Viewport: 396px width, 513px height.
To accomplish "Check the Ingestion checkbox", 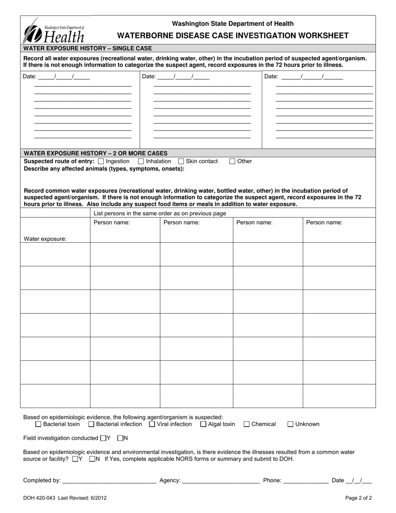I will (101, 161).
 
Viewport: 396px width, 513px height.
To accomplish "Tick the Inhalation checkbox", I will (141, 161).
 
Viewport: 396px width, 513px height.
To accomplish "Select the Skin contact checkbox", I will (181, 161).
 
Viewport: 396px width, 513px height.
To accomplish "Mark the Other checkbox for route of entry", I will (233, 161).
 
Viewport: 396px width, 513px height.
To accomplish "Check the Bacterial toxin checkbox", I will (38, 425).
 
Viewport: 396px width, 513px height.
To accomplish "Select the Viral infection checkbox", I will (152, 425).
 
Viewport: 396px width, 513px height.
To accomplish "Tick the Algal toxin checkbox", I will (203, 425).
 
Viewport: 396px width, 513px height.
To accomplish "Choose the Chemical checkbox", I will (246, 425).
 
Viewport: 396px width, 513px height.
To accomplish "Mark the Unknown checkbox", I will (291, 425).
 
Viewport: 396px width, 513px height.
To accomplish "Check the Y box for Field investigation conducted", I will (103, 438).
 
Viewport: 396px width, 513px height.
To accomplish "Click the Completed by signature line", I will (109, 481).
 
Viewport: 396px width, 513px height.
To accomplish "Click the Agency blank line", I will (221, 481).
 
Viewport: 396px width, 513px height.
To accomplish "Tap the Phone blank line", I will (306, 481).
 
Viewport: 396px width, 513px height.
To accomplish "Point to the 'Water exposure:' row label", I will (45, 239).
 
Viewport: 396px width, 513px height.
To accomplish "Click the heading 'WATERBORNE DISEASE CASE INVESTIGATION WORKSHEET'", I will (233, 35).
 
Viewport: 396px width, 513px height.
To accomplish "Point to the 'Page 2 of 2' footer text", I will (358, 498).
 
